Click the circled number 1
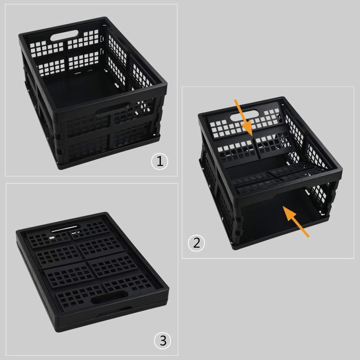click(x=159, y=161)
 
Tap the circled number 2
click(x=196, y=243)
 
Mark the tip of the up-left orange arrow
click(x=283, y=207)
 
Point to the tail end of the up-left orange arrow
click(x=309, y=235)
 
